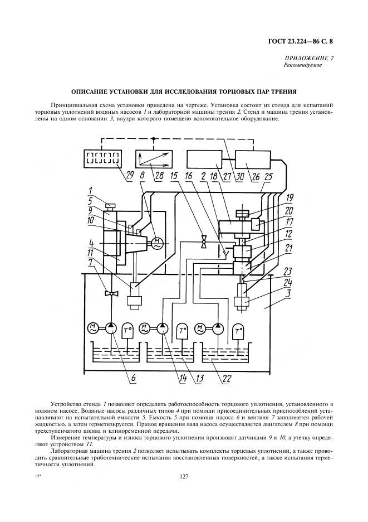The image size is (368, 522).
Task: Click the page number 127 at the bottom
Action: [184, 477]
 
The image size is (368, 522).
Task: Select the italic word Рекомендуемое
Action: [302, 65]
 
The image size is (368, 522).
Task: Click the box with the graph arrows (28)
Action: [154, 158]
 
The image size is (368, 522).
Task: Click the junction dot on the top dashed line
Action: [153, 138]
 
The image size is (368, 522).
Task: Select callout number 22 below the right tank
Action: [227, 378]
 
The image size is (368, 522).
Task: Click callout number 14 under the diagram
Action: [184, 378]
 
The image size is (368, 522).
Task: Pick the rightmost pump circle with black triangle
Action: [218, 329]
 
